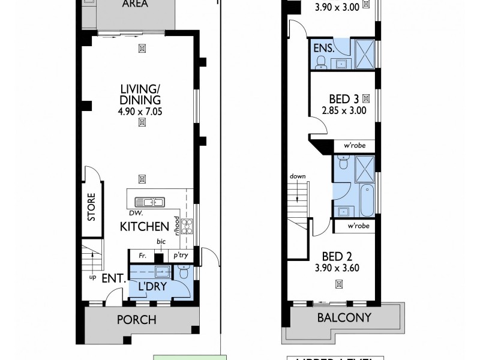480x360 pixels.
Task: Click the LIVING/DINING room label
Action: pyautogui.click(x=140, y=95)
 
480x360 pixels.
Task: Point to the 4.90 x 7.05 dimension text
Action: pyautogui.click(x=140, y=110)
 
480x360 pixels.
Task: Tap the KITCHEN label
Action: pyautogui.click(x=144, y=227)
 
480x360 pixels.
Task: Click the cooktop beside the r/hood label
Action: pyautogui.click(x=187, y=226)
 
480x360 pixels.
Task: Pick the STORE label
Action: pyautogui.click(x=92, y=207)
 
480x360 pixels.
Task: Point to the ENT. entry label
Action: pyautogui.click(x=113, y=278)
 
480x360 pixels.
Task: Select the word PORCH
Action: pyautogui.click(x=137, y=320)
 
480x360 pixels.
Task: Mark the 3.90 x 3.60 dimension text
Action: pyautogui.click(x=336, y=268)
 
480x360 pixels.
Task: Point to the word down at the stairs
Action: pyautogui.click(x=298, y=176)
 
